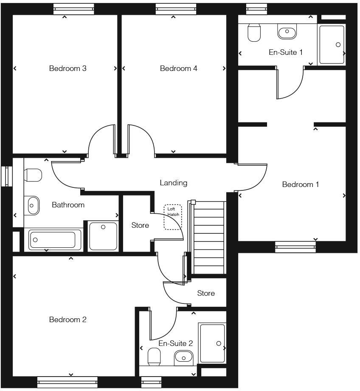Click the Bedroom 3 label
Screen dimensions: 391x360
tap(68, 68)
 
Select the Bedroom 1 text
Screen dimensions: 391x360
tap(301, 184)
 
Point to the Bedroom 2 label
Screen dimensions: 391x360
tap(68, 320)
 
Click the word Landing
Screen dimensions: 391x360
tap(174, 183)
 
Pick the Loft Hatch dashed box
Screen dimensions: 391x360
tap(172, 217)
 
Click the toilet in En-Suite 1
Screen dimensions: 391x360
tap(254, 33)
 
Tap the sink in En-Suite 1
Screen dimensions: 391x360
tap(287, 31)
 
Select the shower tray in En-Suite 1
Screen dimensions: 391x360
tap(332, 45)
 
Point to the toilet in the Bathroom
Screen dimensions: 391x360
tap(33, 175)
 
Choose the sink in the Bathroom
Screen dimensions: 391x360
tap(32, 205)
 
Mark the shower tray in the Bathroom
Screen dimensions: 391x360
tap(103, 235)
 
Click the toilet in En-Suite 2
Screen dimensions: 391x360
tap(154, 357)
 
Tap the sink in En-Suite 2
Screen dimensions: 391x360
tap(183, 357)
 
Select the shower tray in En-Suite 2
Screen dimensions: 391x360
tap(212, 343)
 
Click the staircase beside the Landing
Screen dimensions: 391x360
tap(208, 238)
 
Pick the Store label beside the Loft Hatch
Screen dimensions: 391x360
tap(140, 225)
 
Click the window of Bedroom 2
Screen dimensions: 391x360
tap(67, 382)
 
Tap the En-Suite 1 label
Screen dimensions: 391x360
tap(286, 52)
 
